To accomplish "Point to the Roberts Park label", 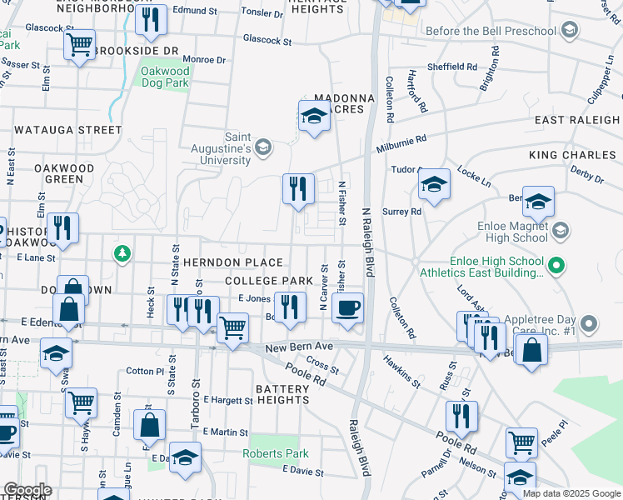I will pyautogui.click(x=276, y=454).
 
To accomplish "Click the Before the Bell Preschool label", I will pyautogui.click(x=491, y=32).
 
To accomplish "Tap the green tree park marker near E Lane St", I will pyautogui.click(x=122, y=252).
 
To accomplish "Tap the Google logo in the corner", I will pyautogui.click(x=27, y=491).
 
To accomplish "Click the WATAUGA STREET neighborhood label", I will pyautogui.click(x=67, y=130).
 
